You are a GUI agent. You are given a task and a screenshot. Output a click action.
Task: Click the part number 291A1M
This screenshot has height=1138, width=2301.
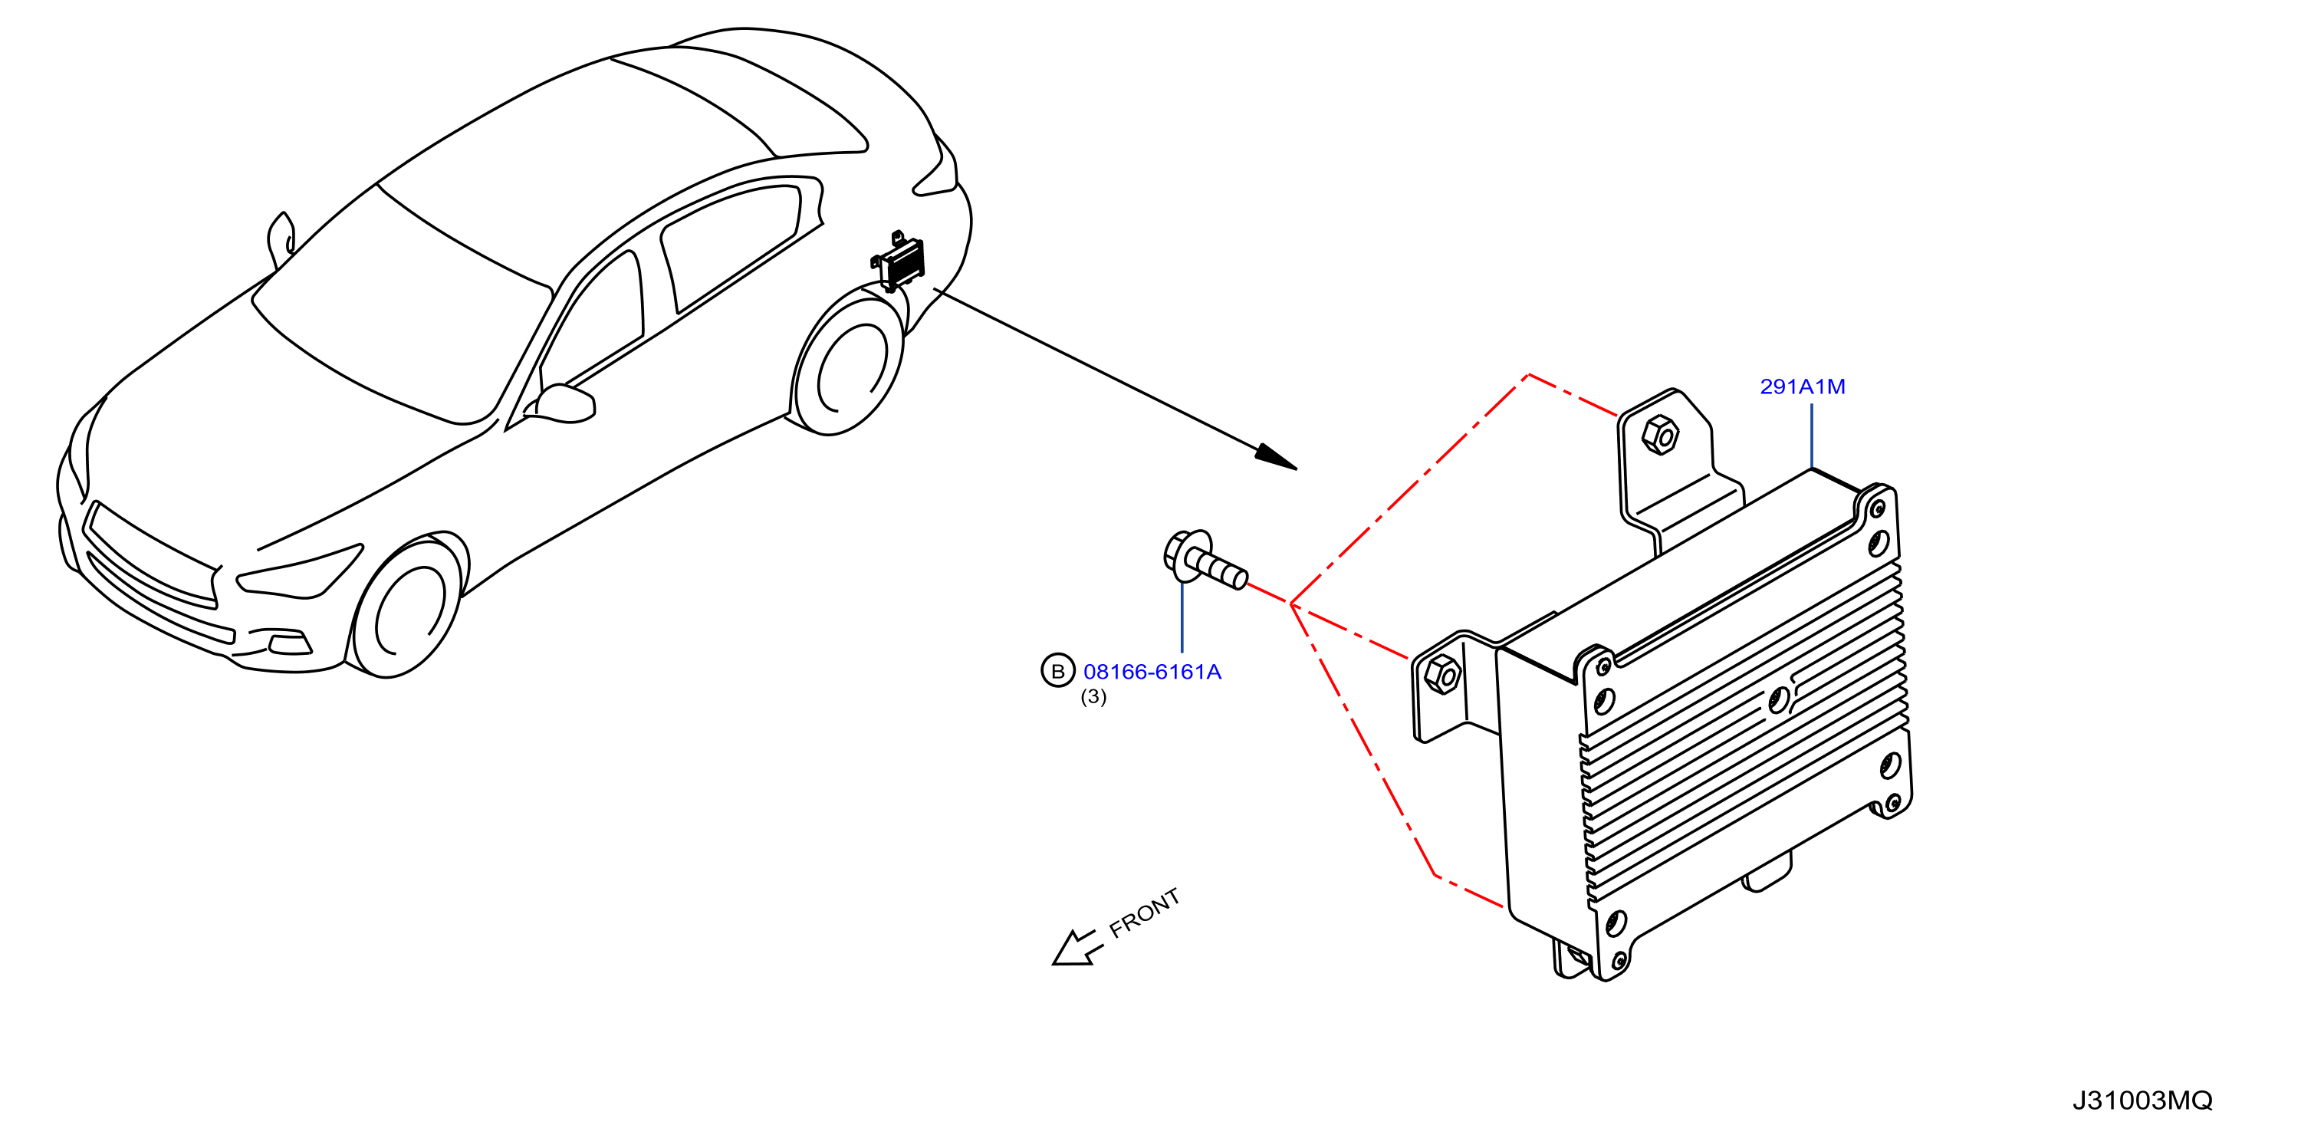(x=1801, y=386)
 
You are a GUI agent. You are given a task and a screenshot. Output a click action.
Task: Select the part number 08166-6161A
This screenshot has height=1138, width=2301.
(x=1152, y=672)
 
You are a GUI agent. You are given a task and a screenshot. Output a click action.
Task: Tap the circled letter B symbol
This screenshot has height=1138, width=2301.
(x=1057, y=671)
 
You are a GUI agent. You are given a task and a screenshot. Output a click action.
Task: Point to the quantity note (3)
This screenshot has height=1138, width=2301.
(x=1093, y=697)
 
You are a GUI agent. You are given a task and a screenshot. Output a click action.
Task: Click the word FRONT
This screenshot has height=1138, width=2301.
(x=1144, y=913)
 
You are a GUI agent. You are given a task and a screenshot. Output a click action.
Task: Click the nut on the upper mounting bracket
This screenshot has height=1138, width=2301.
(x=1660, y=435)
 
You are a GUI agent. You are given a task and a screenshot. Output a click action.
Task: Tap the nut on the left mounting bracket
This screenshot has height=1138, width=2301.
(x=1441, y=674)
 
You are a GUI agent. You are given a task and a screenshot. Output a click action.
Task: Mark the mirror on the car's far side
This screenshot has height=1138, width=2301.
(x=281, y=237)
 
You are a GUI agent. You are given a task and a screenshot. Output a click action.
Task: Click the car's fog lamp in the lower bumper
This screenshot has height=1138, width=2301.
(x=288, y=643)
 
